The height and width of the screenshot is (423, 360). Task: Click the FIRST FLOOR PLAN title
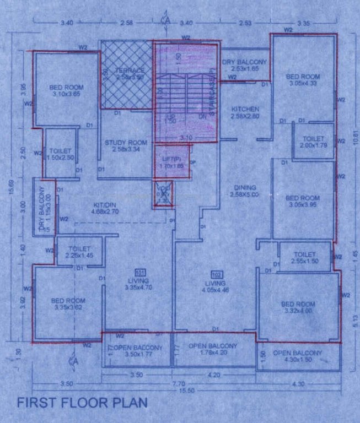pos(82,403)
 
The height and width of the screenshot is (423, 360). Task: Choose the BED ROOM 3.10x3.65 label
pos(66,91)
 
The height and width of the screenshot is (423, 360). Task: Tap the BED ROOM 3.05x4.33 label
pos(303,80)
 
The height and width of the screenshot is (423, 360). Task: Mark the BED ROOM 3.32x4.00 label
pos(298,307)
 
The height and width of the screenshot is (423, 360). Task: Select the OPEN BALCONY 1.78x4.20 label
pos(213,349)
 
